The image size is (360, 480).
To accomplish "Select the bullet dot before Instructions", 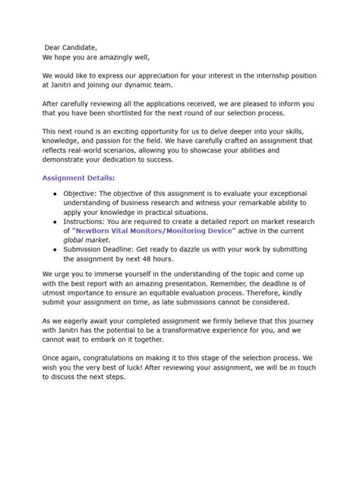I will pos(55,221).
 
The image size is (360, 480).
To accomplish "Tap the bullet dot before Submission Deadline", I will pos(55,248).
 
